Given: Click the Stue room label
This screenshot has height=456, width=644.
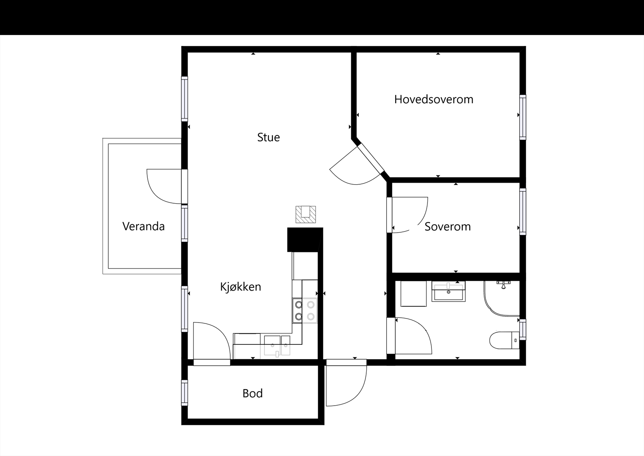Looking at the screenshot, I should point(268,137).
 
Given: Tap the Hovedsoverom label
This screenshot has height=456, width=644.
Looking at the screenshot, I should point(433,100).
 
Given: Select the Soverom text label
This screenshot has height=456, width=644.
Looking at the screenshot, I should point(448,227).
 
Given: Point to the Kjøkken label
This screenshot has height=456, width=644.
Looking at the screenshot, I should point(240,287).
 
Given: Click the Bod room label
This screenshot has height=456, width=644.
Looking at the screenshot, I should point(252,394).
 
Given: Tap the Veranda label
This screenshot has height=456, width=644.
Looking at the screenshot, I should point(143,226).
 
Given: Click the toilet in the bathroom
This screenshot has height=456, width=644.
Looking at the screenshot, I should point(503,340).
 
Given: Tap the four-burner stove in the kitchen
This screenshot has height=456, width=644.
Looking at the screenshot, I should point(305,310).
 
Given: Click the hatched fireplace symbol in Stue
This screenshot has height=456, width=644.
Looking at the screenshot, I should point(305,214).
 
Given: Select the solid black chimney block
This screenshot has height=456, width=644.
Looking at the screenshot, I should point(305,239).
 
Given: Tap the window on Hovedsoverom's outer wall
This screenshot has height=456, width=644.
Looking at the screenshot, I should point(522,117).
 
